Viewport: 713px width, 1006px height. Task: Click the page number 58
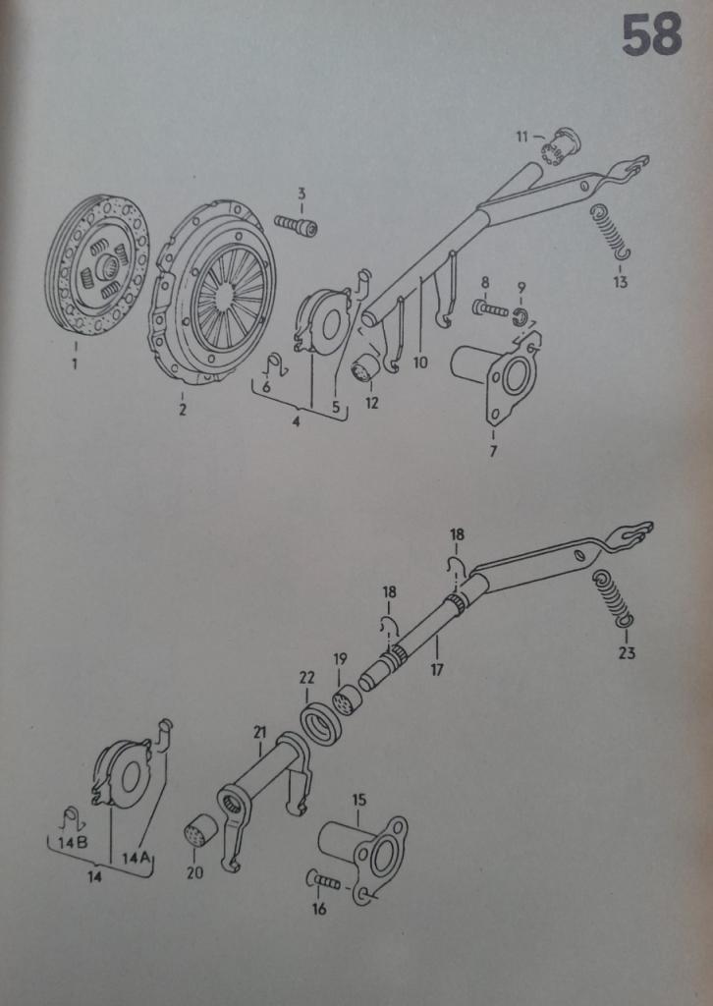[651, 35]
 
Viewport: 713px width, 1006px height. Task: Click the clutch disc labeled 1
[96, 264]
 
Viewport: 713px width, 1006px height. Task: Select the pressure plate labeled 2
[215, 293]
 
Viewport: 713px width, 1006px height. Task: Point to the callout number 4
[296, 422]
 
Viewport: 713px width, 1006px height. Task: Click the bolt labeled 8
[490, 309]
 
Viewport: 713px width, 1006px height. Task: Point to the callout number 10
[420, 363]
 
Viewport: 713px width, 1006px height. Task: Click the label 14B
[73, 842]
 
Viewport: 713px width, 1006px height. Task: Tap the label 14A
[136, 859]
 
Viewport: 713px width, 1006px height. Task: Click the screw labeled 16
[324, 881]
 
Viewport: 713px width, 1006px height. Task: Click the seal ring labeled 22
[320, 724]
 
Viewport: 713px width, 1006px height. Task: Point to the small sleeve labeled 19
[347, 701]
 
